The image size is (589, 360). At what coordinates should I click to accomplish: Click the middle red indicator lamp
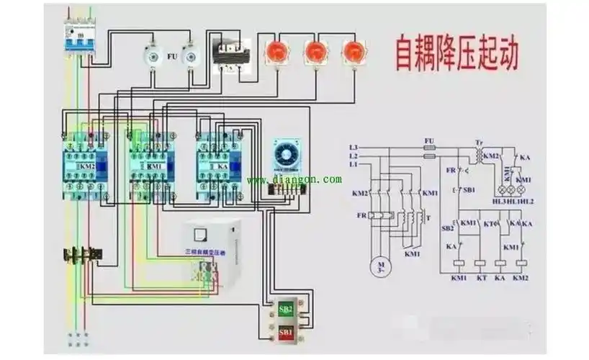coord(315,53)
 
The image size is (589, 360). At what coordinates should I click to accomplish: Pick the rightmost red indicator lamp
coord(353,53)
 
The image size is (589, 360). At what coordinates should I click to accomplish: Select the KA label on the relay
coord(222,166)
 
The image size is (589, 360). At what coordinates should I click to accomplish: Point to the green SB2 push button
coord(285,309)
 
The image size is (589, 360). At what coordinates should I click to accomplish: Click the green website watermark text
coord(294,179)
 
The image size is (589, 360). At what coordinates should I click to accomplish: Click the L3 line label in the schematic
coord(353,147)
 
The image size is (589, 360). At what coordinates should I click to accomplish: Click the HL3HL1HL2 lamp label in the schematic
coord(514,202)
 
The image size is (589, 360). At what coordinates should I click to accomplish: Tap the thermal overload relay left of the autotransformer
coord(82,254)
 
